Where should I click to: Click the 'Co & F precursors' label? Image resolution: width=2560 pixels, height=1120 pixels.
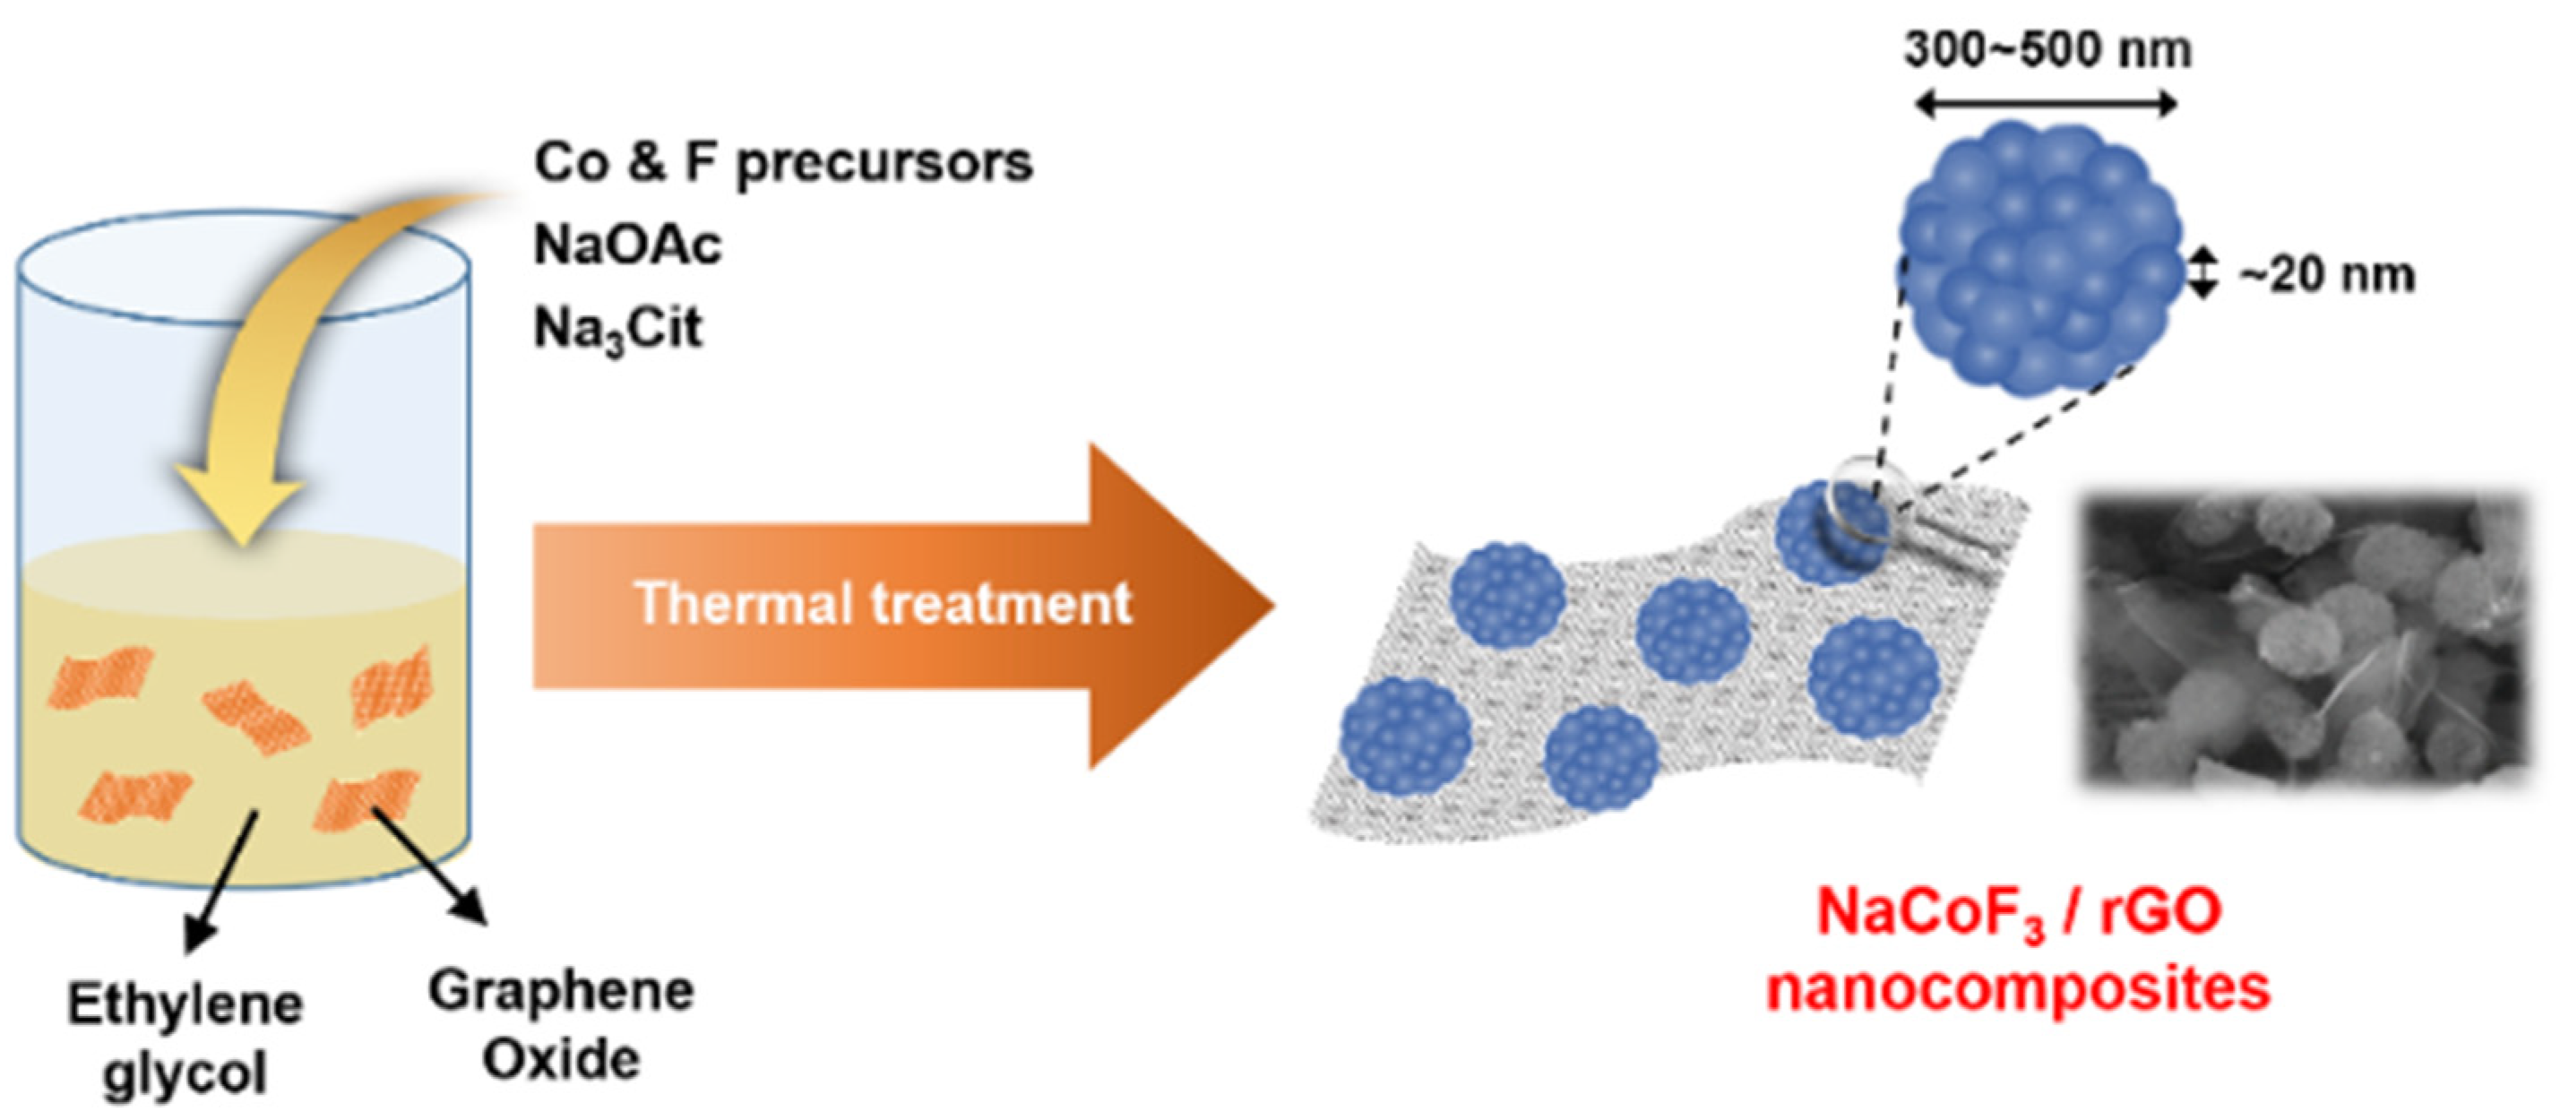(783, 163)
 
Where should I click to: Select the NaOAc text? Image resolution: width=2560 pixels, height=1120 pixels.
(627, 246)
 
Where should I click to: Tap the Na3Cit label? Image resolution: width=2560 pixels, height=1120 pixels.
(617, 329)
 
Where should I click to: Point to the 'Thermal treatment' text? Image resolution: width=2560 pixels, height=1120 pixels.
(883, 603)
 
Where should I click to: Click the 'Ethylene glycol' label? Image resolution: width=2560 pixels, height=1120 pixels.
(185, 1038)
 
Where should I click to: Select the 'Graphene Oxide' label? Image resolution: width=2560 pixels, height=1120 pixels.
(562, 1025)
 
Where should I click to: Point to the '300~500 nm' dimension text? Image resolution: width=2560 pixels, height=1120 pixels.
(2048, 49)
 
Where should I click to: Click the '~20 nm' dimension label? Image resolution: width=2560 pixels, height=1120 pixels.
(2325, 275)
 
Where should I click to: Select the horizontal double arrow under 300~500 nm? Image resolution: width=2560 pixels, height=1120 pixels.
(2047, 104)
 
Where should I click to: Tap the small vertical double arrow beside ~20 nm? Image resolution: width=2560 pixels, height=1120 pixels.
(2203, 273)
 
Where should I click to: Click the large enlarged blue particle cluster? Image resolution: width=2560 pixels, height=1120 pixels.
(2041, 258)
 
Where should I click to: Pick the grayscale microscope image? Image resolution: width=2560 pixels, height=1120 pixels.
(2304, 641)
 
